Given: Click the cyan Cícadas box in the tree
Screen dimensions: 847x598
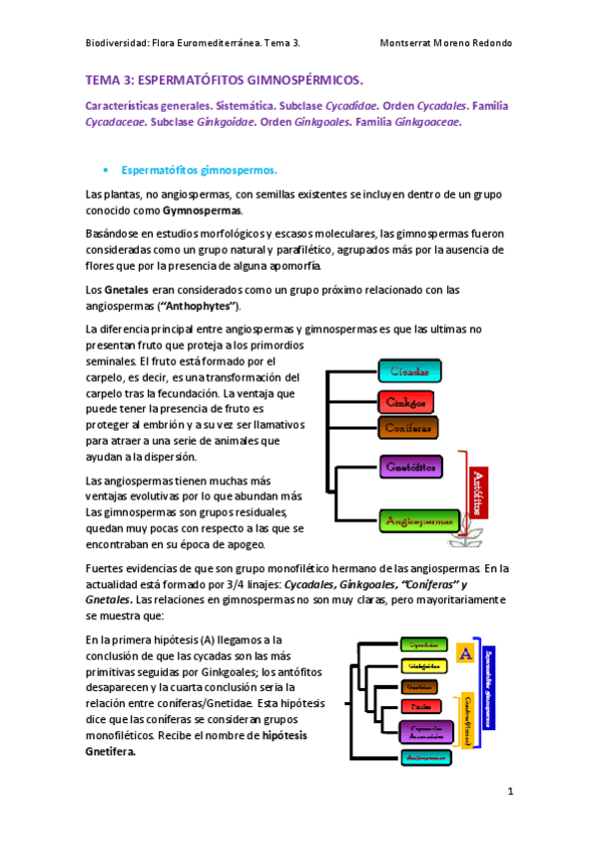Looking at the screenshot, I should click(x=409, y=373).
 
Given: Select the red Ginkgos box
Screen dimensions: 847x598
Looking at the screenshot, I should click(x=405, y=402).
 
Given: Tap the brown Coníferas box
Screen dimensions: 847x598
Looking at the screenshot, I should click(x=409, y=427).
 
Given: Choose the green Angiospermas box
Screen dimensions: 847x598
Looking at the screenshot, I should click(x=418, y=520).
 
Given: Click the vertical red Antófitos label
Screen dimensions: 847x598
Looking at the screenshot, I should click(x=478, y=492).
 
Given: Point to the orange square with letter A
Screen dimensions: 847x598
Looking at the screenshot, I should click(x=463, y=653).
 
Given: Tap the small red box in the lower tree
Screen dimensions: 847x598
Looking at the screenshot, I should click(x=419, y=707).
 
